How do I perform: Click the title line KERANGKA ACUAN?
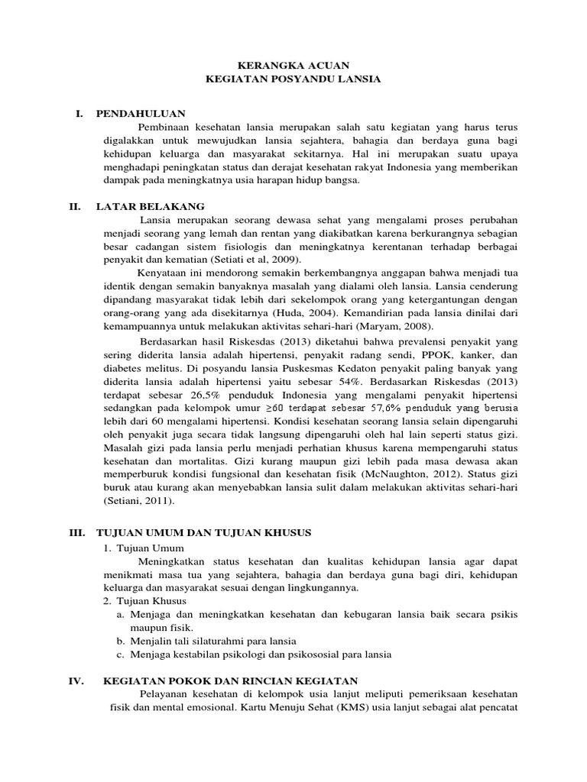point(293,66)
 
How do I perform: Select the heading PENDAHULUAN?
point(141,114)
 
